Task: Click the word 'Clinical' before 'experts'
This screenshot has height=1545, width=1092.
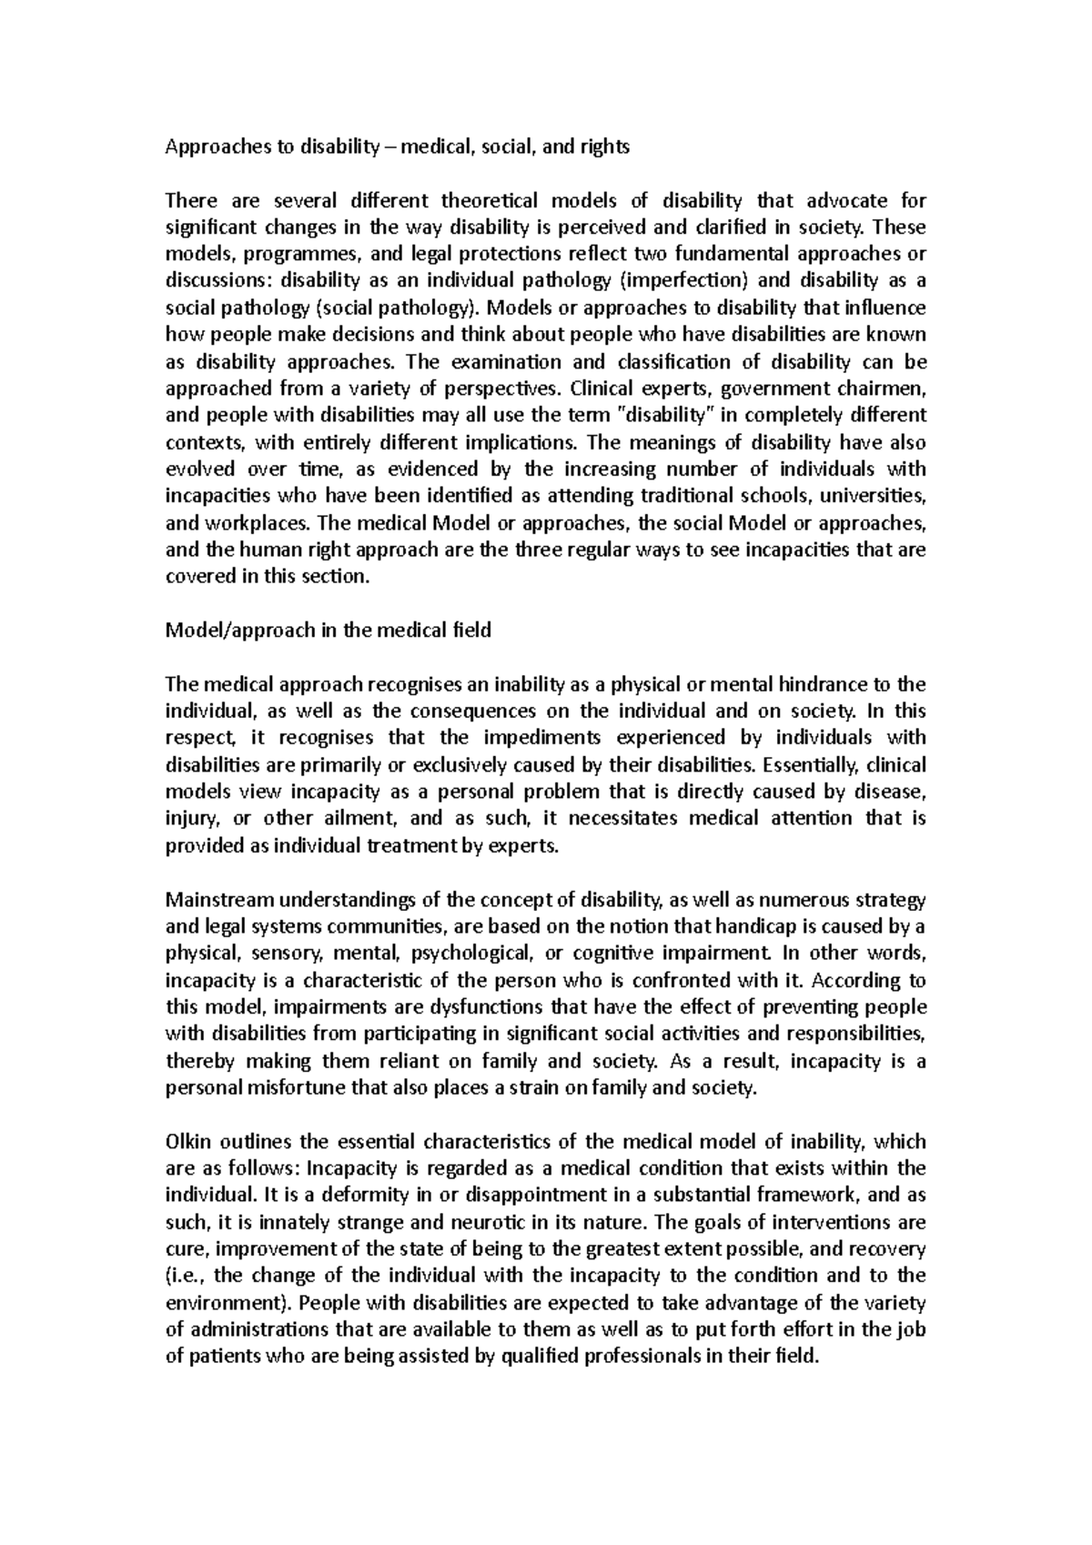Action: pos(602,389)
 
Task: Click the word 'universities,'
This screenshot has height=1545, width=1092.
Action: pos(875,496)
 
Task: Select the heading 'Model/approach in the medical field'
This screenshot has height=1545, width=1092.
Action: pos(328,630)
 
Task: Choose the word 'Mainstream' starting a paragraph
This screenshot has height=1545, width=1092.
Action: pos(219,900)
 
